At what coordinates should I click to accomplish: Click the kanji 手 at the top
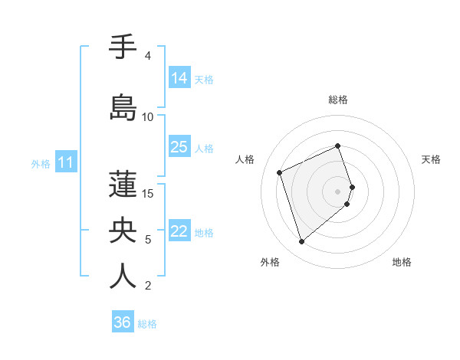click(x=123, y=47)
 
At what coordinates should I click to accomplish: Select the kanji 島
click(x=123, y=107)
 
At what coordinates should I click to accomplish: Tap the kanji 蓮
click(x=123, y=184)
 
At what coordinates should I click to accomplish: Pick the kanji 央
click(x=123, y=230)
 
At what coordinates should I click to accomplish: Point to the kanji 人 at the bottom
click(x=123, y=276)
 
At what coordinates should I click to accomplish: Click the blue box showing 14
click(x=179, y=78)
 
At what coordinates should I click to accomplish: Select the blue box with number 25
click(x=179, y=147)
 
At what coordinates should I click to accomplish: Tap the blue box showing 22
click(x=179, y=231)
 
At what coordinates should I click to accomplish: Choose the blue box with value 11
click(x=66, y=162)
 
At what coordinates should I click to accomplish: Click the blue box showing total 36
click(x=123, y=322)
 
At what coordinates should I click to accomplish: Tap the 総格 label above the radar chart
click(x=338, y=100)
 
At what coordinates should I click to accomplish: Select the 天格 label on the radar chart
click(x=431, y=159)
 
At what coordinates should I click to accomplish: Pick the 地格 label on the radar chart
click(x=402, y=262)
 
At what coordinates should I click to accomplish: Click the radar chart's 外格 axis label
click(x=270, y=262)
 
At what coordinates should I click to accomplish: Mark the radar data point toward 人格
click(x=281, y=172)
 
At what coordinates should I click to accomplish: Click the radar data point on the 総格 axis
click(x=338, y=146)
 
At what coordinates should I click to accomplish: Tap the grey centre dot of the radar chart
click(x=338, y=191)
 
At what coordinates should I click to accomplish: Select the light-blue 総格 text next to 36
click(x=147, y=324)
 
